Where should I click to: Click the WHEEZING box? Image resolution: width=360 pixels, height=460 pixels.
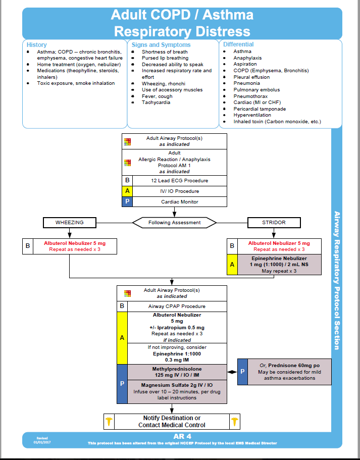click(70, 222)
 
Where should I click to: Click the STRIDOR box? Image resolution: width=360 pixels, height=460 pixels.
click(274, 222)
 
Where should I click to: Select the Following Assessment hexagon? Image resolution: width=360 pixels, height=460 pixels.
click(174, 222)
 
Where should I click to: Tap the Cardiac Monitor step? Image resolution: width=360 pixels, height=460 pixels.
click(180, 201)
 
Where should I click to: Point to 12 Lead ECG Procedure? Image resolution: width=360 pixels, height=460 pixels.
click(180, 180)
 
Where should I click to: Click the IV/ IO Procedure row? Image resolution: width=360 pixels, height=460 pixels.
click(180, 191)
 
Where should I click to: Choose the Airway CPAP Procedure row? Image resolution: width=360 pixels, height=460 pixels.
click(177, 306)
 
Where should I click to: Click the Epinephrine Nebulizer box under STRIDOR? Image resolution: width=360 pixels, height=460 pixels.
click(279, 264)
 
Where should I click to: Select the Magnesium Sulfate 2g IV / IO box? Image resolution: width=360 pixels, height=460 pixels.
click(177, 391)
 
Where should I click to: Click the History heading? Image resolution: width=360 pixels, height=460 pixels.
click(36, 45)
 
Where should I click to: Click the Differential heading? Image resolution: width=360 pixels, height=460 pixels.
click(238, 45)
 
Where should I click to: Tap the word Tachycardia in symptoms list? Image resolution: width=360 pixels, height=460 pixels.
click(156, 103)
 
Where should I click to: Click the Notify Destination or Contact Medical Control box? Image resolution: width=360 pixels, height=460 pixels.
click(172, 421)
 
